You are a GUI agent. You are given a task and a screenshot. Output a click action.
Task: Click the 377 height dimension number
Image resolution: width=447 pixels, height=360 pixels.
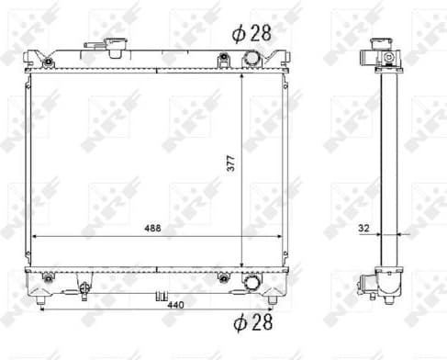point(232,163)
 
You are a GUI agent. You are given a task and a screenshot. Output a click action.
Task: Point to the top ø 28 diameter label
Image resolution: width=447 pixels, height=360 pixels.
point(251,34)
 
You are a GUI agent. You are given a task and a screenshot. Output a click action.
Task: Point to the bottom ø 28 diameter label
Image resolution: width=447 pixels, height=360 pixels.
point(251,321)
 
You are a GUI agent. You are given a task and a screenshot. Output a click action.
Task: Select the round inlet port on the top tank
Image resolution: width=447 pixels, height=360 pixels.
point(252,60)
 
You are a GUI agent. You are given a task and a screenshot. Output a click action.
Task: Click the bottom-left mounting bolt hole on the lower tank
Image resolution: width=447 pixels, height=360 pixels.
point(45,276)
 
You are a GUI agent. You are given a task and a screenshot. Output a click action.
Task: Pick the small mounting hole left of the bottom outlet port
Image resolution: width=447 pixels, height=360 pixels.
point(223,276)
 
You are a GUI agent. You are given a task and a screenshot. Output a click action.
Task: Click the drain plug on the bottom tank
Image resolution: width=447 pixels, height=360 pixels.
point(160,296)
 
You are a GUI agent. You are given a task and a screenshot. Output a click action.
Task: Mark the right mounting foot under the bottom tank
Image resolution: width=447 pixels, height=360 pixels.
point(272,299)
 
